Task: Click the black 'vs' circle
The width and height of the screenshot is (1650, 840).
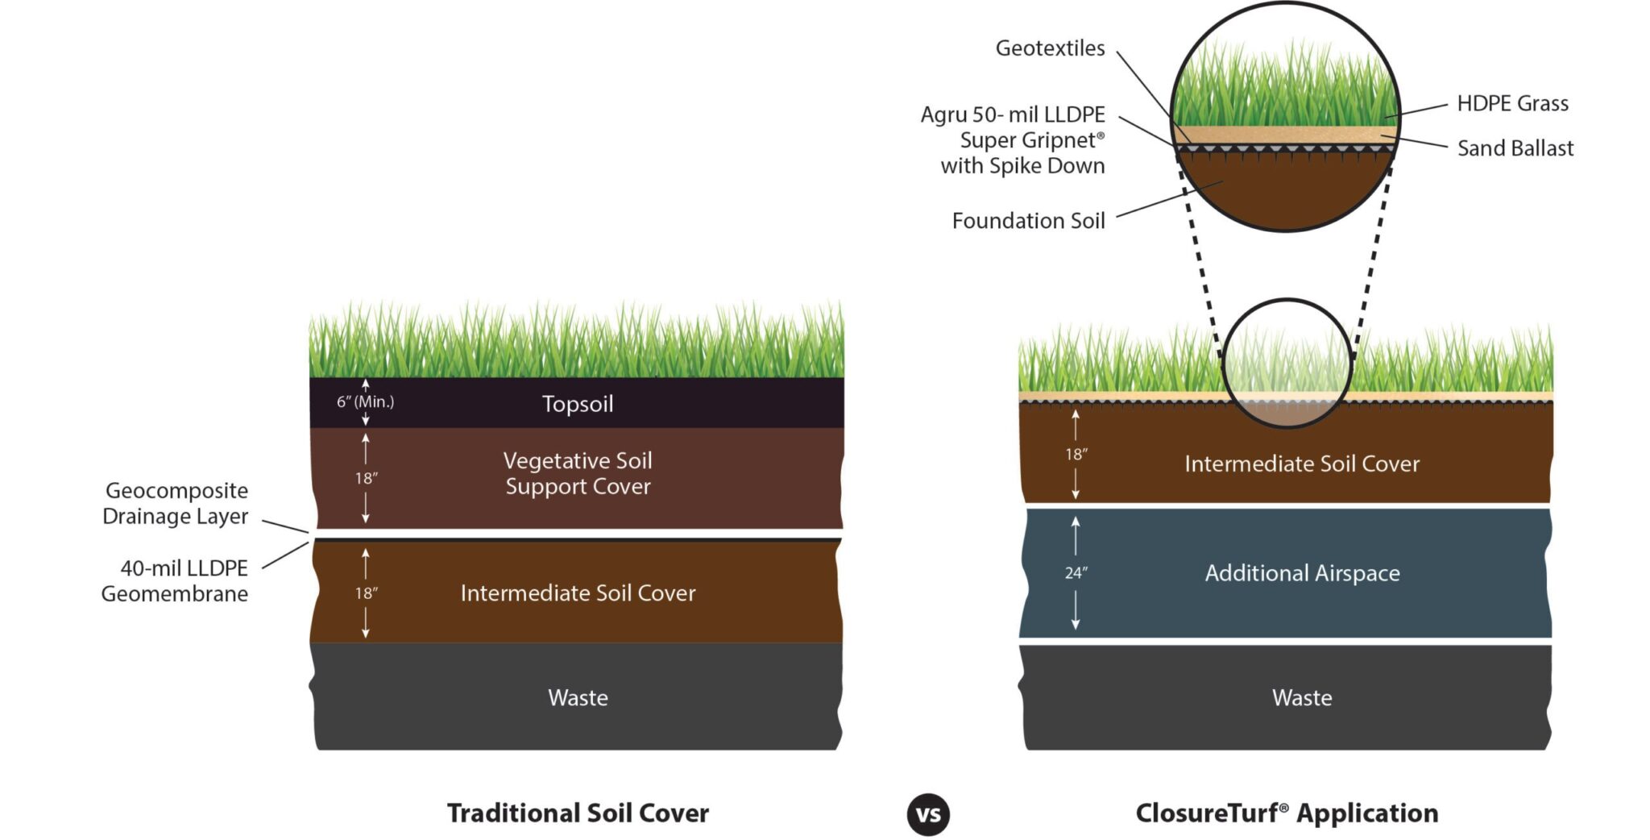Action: pyautogui.click(x=927, y=814)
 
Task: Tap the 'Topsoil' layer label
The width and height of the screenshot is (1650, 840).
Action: pyautogui.click(x=578, y=403)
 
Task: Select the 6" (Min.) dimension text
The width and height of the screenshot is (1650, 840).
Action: pyautogui.click(x=365, y=401)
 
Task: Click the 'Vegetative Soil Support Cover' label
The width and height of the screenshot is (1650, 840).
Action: pyautogui.click(x=578, y=473)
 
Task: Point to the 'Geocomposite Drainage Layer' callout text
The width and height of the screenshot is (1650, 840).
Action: pyautogui.click(x=176, y=503)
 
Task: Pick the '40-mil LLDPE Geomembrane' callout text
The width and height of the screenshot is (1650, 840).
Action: pyautogui.click(x=176, y=580)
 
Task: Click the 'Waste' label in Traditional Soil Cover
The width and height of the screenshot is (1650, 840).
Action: pyautogui.click(x=578, y=697)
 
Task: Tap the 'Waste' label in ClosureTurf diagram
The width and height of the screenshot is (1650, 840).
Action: pyautogui.click(x=1302, y=697)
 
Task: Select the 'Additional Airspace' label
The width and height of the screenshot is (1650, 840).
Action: pyautogui.click(x=1302, y=573)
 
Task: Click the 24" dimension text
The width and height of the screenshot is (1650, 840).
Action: pyautogui.click(x=1076, y=573)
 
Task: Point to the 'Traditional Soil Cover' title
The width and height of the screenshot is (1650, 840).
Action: pyautogui.click(x=578, y=813)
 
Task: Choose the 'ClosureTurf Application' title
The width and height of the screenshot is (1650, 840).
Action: pyautogui.click(x=1287, y=813)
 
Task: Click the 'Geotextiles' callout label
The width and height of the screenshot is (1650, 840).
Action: pyautogui.click(x=1050, y=48)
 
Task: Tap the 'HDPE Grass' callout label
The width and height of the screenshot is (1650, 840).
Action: pyautogui.click(x=1512, y=103)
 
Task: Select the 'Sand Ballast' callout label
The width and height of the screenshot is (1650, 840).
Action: pyautogui.click(x=1515, y=148)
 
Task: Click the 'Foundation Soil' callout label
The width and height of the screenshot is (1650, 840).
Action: pyautogui.click(x=1028, y=221)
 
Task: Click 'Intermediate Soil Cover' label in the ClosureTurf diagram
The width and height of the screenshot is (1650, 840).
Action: pyautogui.click(x=1302, y=464)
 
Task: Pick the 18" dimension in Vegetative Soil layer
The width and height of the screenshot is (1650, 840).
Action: pyautogui.click(x=366, y=478)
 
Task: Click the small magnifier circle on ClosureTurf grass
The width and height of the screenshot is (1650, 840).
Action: pyautogui.click(x=1287, y=363)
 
